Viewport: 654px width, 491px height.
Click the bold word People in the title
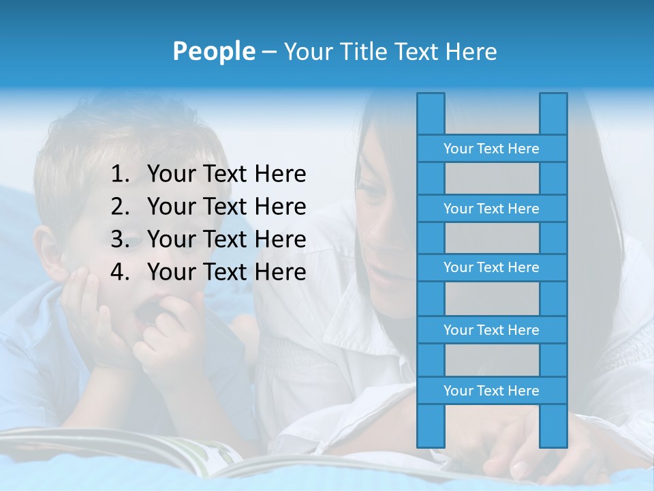point(213,51)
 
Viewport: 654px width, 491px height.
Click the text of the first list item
point(226,175)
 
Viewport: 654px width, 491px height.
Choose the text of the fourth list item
point(226,272)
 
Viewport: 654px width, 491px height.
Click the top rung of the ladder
point(491,149)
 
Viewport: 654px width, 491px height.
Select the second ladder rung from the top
point(491,209)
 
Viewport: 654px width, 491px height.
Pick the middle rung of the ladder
point(491,267)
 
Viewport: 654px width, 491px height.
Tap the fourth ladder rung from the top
point(491,330)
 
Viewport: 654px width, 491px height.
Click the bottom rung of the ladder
point(491,391)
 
